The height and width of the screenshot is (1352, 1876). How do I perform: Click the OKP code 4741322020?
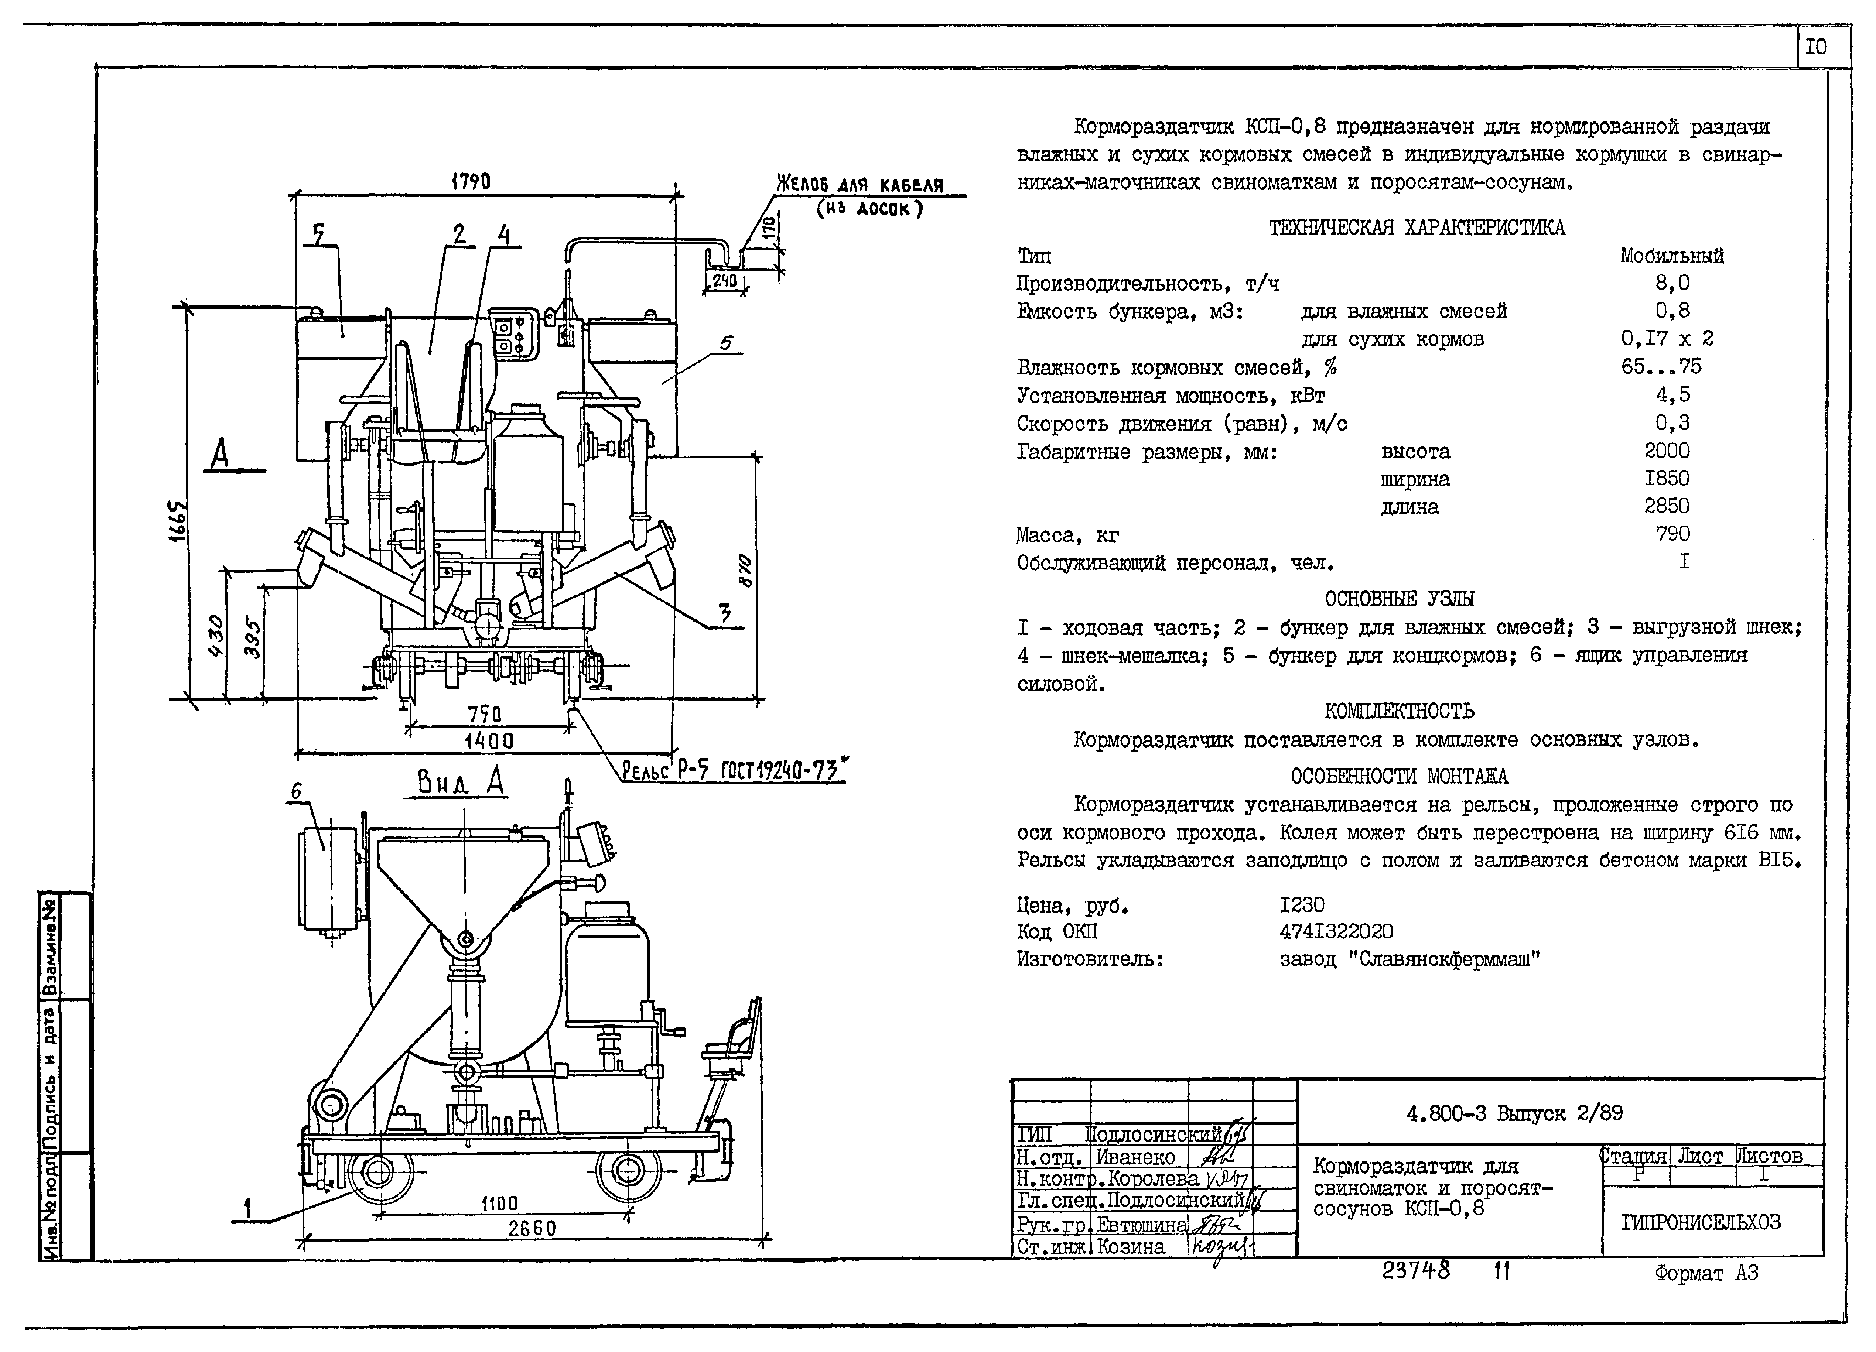(1336, 932)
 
